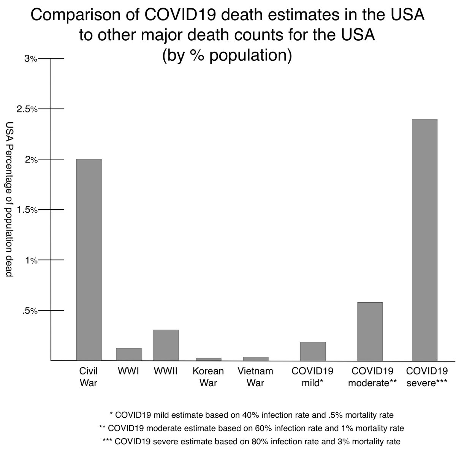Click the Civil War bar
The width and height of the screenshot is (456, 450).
point(89,260)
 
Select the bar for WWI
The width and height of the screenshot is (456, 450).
point(128,354)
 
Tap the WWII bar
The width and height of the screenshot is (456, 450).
point(166,345)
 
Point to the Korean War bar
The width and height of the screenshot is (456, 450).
point(208,359)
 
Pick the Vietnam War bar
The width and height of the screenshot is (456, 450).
point(255,358)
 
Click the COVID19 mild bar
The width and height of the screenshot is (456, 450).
point(313,351)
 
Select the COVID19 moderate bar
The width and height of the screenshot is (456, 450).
point(370,332)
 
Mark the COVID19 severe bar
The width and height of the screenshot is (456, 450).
point(424,240)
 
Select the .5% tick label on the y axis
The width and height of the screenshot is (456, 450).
point(29,311)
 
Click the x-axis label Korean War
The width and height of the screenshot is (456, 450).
point(208,377)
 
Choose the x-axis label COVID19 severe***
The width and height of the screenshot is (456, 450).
point(427,377)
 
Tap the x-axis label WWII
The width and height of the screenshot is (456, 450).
point(166,371)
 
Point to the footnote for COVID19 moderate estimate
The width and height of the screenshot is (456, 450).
point(251,428)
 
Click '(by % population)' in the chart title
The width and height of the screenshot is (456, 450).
point(227,55)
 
